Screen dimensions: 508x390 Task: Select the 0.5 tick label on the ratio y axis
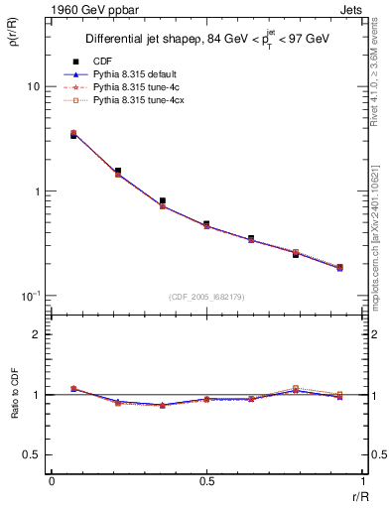pyautogui.click(x=32, y=454)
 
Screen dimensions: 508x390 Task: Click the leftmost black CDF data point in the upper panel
pyautogui.click(x=73, y=135)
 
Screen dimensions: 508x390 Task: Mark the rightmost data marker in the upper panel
pyautogui.click(x=339, y=267)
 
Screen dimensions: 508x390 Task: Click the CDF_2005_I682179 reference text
pyautogui.click(x=205, y=298)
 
